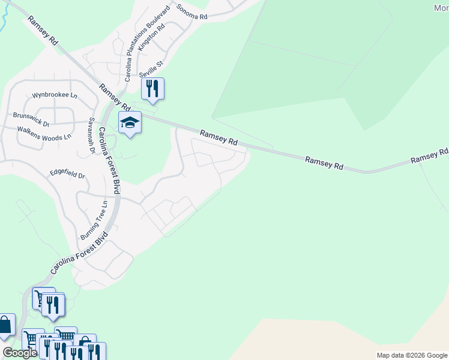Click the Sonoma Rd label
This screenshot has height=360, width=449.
[191, 13]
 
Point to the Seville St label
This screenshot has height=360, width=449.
[151, 69]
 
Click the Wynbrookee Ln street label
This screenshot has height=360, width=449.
[55, 95]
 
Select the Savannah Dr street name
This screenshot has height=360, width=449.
[92, 134]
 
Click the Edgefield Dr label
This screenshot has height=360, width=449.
[67, 174]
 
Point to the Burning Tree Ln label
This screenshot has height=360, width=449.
[94, 220]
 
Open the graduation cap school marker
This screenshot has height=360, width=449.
[130, 122]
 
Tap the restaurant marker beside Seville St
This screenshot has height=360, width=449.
[152, 89]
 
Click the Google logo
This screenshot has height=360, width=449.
[20, 353]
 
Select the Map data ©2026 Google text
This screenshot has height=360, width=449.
[412, 355]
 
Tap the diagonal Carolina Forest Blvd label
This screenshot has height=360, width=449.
[78, 253]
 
